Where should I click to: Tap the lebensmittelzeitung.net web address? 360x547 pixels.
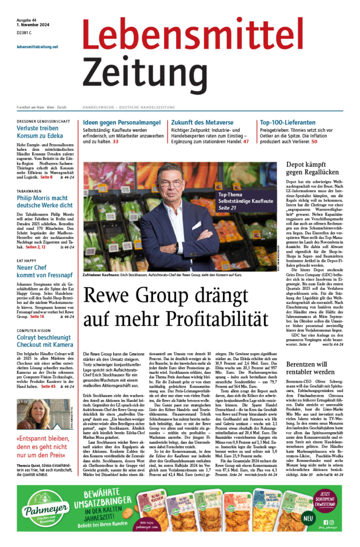coord(38,46)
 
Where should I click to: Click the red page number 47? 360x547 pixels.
coord(246,142)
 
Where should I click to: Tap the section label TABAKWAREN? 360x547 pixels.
coord(29,191)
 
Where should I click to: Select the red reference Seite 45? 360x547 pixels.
coord(49,386)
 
